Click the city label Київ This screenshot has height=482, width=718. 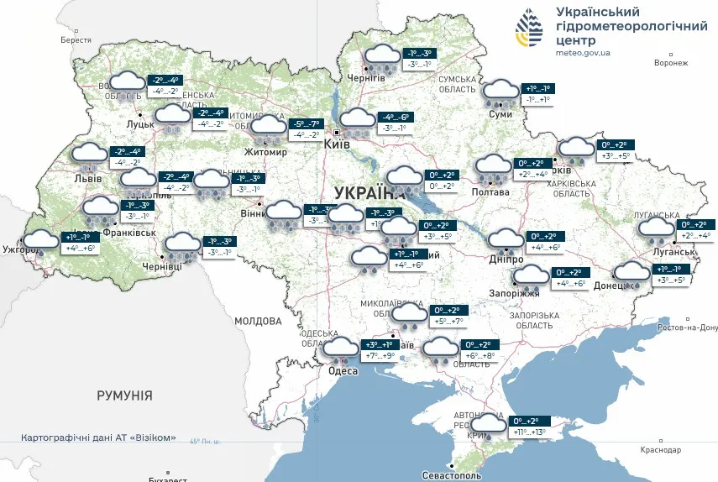click(x=338, y=145)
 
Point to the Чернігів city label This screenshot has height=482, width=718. click(x=366, y=77)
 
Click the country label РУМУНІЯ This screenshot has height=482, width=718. click(x=124, y=395)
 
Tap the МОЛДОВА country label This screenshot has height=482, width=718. click(x=258, y=321)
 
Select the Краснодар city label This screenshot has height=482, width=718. click(x=659, y=450)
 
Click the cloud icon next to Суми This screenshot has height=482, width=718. click(x=501, y=92)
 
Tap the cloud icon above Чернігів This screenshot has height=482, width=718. click(x=380, y=56)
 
